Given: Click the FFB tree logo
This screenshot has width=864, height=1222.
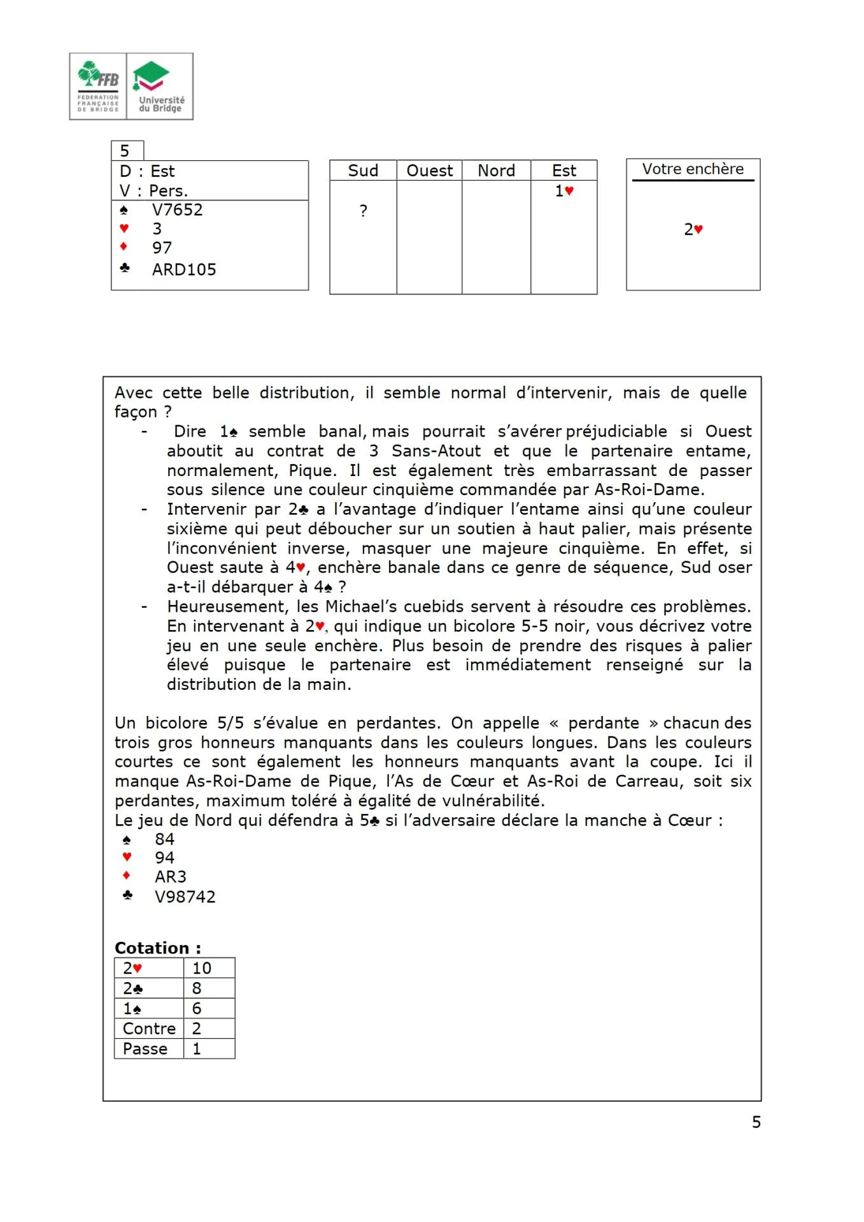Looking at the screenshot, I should (x=98, y=86).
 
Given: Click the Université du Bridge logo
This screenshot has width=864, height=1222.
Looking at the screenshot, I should (x=160, y=86).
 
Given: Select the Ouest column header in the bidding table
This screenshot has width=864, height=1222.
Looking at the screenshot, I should (x=429, y=171).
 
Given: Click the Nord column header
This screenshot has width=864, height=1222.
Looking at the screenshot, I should (x=496, y=171).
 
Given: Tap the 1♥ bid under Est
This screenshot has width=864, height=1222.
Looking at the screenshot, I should (x=564, y=191).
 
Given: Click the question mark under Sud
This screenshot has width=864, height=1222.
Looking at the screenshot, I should (x=363, y=211).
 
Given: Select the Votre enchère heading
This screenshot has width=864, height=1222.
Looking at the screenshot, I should (x=693, y=169).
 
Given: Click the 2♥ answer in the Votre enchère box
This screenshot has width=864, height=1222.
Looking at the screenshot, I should (x=693, y=230).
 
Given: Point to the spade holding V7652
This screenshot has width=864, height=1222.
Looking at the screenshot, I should (x=177, y=210).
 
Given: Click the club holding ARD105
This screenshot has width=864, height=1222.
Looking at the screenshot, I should (x=184, y=270).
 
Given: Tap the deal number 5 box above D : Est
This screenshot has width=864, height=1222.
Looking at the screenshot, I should (x=126, y=151).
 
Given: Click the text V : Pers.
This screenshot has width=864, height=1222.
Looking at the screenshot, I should (x=153, y=191).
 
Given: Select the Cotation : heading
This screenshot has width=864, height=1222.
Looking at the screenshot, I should (x=157, y=948).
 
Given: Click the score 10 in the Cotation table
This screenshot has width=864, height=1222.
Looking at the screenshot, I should (x=201, y=968).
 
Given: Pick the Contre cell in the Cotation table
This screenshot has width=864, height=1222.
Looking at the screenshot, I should (x=149, y=1029).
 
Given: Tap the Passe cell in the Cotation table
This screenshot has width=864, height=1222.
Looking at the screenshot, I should (x=145, y=1049).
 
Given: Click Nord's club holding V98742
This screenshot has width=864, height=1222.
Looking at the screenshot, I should (x=185, y=897).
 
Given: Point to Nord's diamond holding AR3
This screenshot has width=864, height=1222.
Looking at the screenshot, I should (x=170, y=877).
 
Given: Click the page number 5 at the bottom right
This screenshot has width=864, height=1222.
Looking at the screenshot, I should (x=756, y=1122).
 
